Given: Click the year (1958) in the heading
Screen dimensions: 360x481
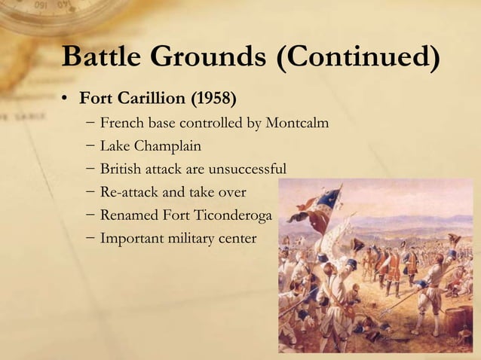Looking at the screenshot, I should [x=213, y=99].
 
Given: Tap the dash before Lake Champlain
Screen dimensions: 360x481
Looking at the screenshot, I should [x=90, y=146].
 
